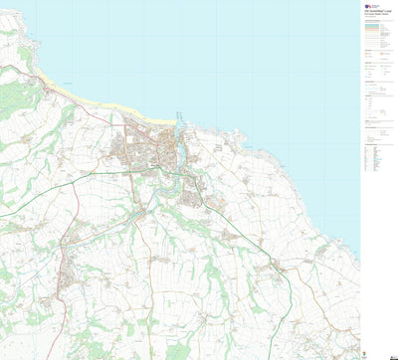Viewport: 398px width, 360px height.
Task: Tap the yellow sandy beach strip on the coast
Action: (80, 95)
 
